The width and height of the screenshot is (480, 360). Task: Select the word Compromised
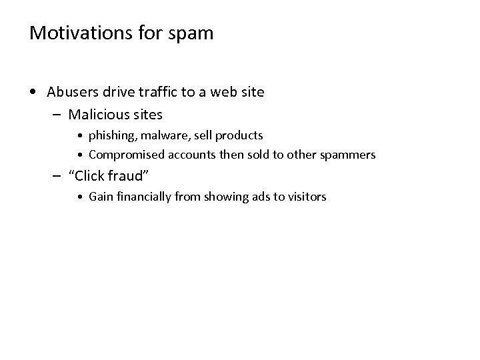(x=122, y=155)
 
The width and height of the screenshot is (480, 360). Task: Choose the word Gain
(x=100, y=197)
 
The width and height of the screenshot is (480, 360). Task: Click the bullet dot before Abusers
(x=33, y=91)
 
